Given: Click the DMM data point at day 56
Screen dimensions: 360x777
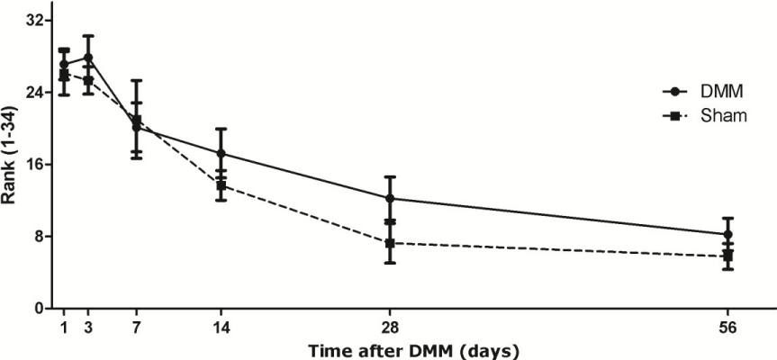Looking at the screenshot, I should (728, 234).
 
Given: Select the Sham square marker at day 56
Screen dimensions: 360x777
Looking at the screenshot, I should (728, 256).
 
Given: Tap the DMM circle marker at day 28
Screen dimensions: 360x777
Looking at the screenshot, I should (389, 198).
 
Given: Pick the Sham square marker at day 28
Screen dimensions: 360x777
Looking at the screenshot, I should (389, 243).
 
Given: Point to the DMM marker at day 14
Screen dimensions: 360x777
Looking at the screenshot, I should (221, 154).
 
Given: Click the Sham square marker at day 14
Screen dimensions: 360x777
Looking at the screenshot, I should (221, 185).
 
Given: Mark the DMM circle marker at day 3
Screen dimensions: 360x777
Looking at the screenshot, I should (88, 57).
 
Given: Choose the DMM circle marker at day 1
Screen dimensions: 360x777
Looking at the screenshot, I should (64, 64).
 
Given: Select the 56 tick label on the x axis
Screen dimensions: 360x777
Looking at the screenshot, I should (728, 328).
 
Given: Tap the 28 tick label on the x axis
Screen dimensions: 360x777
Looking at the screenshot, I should (389, 328).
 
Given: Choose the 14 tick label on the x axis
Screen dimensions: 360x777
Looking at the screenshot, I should (221, 328).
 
